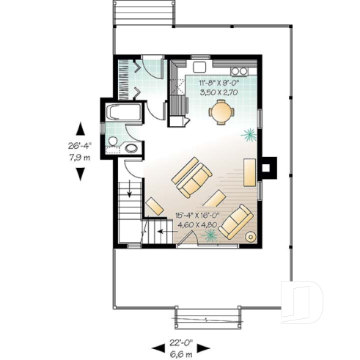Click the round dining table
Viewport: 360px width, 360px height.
click(x=220, y=112)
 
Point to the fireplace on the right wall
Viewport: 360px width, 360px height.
click(x=271, y=166)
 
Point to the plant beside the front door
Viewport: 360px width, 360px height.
click(x=211, y=235)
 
